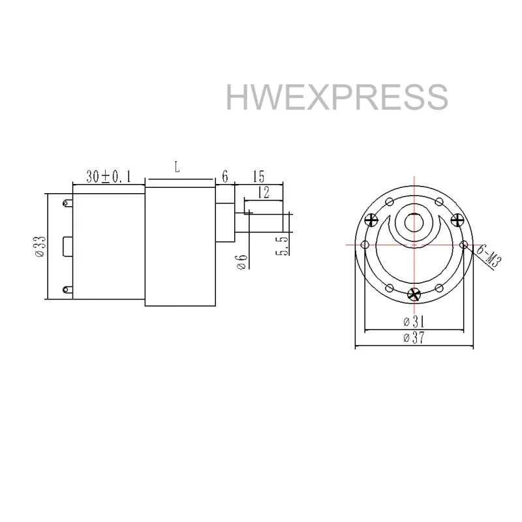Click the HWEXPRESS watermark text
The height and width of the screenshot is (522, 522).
point(337,97)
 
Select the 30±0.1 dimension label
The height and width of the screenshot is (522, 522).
point(108,176)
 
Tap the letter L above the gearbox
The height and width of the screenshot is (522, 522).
point(177,167)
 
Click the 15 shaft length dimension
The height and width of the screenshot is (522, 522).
point(258,176)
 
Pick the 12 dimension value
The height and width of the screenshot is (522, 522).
point(263,192)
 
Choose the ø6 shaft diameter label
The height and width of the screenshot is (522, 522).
point(243,260)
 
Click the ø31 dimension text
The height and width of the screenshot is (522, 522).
point(413,321)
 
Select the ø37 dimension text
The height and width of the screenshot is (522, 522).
point(413,337)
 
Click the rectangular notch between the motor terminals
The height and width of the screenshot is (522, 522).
point(67,247)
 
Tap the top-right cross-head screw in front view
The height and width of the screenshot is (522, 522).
point(457,219)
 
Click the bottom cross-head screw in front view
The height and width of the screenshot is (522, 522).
point(413,294)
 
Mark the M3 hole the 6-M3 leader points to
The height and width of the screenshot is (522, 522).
point(463,245)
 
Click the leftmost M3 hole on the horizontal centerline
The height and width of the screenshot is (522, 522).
point(364,245)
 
